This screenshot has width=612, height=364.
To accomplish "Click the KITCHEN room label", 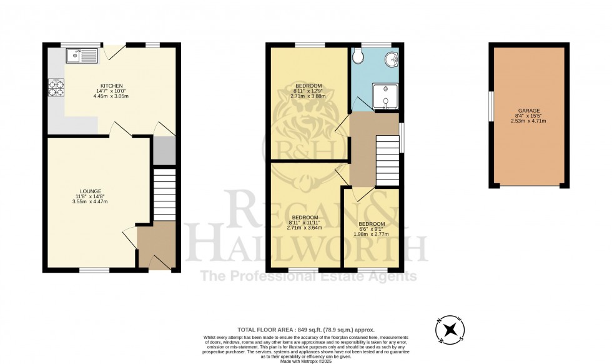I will tap(112, 86).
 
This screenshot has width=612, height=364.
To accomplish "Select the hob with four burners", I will tap(55, 88).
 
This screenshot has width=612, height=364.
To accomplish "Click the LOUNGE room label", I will tap(91, 191).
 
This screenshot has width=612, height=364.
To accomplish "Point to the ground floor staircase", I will tap(165, 193).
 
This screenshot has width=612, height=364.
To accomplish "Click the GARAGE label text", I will tap(528, 111).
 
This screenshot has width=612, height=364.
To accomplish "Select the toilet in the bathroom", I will tap(358, 57).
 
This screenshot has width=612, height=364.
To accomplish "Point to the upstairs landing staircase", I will tap(387, 161).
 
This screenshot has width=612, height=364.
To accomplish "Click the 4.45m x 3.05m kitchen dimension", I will tap(112, 97).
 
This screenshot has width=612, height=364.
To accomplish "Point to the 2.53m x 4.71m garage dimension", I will tap(528, 121).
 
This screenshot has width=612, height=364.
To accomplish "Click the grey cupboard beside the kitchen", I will tap(164, 150).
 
